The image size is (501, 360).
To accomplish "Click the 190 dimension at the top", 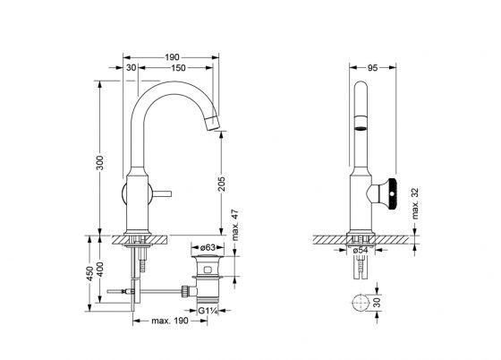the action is click(172, 57).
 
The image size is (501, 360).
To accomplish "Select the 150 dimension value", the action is click(178, 68).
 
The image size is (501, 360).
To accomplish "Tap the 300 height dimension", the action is click(100, 163).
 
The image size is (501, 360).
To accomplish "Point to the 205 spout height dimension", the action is click(222, 184).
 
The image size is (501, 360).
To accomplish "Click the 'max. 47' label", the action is click(235, 225).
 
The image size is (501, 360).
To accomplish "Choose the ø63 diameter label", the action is click(208, 247).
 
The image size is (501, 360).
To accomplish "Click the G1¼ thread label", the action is click(208, 311).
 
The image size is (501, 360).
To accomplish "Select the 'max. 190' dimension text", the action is click(170, 321).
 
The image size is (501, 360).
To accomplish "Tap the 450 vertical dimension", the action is click(90, 274).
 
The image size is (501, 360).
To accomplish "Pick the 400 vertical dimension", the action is click(100, 270).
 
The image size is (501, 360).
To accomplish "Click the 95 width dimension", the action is click(372, 68).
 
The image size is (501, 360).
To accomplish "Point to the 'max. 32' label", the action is click(414, 203).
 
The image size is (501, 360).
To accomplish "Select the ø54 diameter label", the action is click(361, 251).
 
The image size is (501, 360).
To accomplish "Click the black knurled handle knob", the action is click(392, 194).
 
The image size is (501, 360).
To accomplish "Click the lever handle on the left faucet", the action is click(161, 193).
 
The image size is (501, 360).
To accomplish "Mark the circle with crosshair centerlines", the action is click(361, 302).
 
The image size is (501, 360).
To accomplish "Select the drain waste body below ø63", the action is click(208, 278).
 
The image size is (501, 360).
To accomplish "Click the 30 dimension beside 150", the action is click(131, 68).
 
